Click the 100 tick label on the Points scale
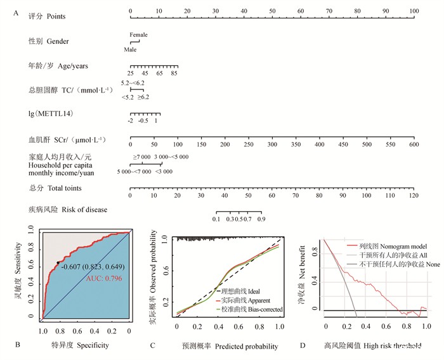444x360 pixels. tap(414, 10)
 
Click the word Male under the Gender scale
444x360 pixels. tap(130, 49)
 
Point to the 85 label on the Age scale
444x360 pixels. tap(173, 74)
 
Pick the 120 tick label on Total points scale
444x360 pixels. tap(414, 195)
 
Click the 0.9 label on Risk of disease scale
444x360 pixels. tap(261, 219)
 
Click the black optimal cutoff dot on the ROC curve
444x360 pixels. tap(58, 262)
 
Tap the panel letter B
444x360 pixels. tap(16, 345)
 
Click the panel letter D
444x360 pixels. tap(302, 345)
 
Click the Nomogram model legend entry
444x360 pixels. tap(394, 245)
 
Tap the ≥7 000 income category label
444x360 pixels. tap(141, 156)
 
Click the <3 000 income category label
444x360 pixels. tap(164, 172)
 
